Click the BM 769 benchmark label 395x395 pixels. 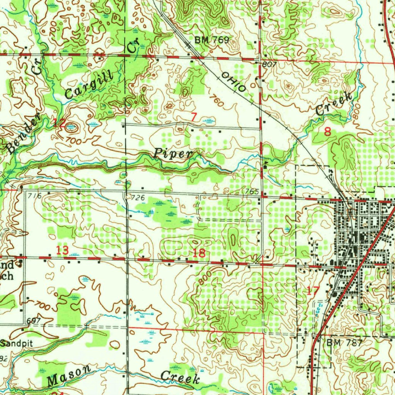point(212,40)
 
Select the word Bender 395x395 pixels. point(24,133)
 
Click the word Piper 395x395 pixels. point(173,153)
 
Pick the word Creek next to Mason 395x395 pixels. point(180,377)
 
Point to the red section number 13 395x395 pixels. point(62,250)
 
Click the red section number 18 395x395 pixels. point(199,253)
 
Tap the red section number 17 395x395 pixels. point(312,291)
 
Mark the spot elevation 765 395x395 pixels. point(251,191)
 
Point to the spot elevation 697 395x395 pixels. point(34,321)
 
